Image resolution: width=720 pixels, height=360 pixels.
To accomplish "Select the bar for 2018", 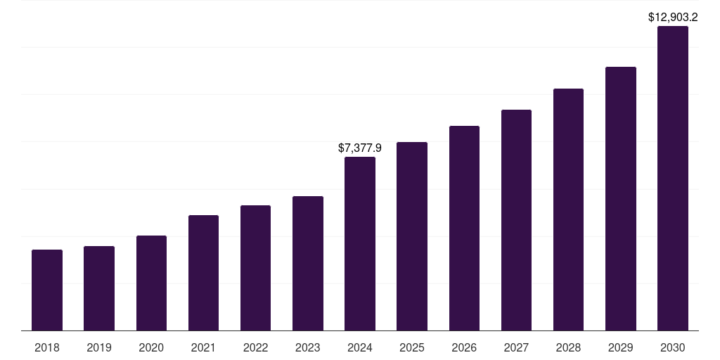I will [x=47, y=290].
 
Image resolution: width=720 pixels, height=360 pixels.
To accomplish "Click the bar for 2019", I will [x=99, y=288].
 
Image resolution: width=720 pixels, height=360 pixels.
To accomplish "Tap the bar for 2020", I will [x=151, y=283].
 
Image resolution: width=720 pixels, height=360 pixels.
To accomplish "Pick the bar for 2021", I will [x=203, y=273].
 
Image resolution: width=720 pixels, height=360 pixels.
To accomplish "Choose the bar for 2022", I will [x=255, y=268].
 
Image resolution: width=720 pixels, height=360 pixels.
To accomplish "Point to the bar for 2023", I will [x=308, y=263].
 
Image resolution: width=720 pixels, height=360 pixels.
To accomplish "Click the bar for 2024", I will [x=360, y=243].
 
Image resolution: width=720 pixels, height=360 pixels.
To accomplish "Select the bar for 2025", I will [x=412, y=236].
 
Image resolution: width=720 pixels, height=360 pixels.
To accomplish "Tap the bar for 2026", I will [x=464, y=228].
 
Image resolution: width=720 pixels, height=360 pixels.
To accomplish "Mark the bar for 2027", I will [x=516, y=220].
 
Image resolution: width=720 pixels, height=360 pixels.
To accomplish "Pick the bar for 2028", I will [x=568, y=210].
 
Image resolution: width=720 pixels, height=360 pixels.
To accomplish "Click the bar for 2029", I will [x=620, y=198].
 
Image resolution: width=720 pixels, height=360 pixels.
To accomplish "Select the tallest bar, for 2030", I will [x=673, y=178].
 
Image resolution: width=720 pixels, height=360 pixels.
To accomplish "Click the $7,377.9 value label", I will [x=360, y=148].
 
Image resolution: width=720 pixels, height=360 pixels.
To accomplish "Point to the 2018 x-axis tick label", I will [x=47, y=347].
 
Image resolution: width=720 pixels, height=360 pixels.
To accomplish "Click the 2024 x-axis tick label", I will [x=360, y=347].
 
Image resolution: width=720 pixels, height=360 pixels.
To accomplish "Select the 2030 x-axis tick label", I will [x=673, y=347].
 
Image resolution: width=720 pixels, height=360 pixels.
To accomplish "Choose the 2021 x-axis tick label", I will [x=203, y=347].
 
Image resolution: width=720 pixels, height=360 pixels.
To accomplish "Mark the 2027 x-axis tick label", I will [x=516, y=347].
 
